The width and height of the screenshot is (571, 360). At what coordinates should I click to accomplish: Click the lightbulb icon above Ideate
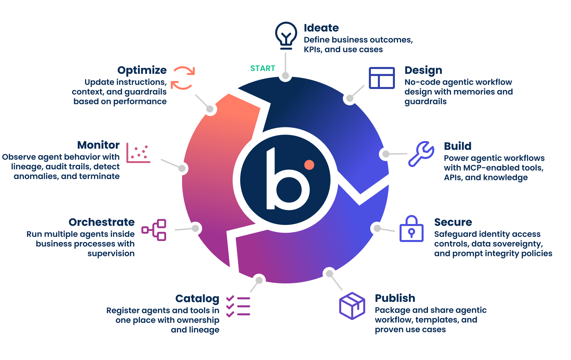(x=286, y=35)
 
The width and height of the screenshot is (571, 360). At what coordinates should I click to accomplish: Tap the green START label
(x=262, y=68)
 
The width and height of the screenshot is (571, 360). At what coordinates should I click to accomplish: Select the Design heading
(x=423, y=70)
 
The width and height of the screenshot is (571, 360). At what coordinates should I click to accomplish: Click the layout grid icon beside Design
(x=382, y=78)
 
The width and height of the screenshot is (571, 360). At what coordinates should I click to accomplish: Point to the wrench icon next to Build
(x=421, y=154)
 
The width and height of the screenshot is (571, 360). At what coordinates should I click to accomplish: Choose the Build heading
(x=458, y=146)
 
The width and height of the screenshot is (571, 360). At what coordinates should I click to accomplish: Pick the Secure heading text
(x=453, y=222)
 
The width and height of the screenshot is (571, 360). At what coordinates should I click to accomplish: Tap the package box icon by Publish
(x=352, y=306)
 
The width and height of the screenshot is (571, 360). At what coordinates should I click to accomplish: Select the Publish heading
(x=395, y=298)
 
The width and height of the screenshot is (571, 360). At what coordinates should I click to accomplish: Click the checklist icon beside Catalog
(x=238, y=306)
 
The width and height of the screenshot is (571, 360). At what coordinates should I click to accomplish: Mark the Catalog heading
(x=197, y=298)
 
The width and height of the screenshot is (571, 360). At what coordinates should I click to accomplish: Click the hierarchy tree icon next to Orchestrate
(x=154, y=230)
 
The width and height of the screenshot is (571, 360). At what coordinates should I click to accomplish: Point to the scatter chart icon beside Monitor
(x=138, y=153)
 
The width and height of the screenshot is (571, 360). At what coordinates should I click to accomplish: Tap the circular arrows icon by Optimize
(x=183, y=78)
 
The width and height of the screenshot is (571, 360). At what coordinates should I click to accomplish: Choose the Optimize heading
(x=142, y=70)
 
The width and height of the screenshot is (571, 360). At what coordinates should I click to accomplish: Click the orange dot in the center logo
(x=309, y=165)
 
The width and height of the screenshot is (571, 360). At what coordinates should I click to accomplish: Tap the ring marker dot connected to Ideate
(x=285, y=75)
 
